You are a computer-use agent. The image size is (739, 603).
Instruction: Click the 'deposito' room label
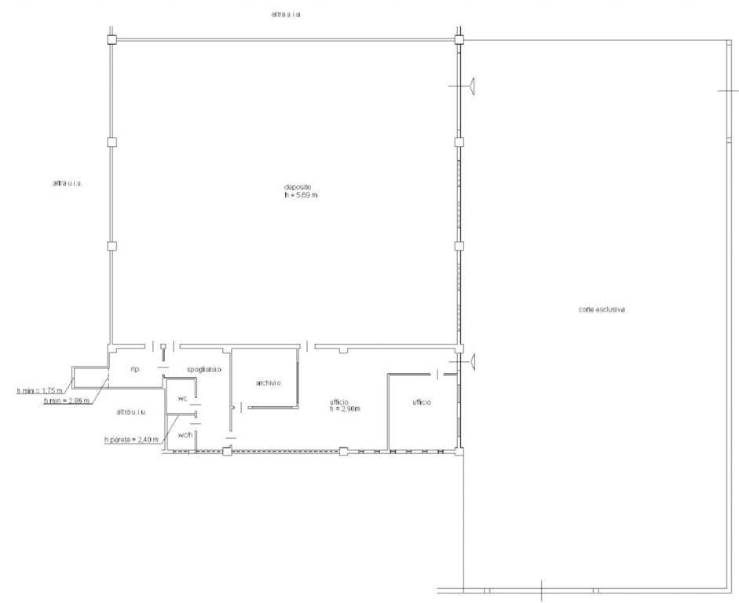pyautogui.click(x=298, y=187)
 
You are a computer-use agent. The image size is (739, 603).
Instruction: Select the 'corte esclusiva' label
pyautogui.click(x=602, y=309)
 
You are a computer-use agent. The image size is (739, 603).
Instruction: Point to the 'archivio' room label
pyautogui.click(x=268, y=383)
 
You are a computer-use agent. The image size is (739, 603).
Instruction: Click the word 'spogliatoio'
pyautogui.click(x=204, y=369)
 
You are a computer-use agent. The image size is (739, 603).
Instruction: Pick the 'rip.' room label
pyautogui.click(x=135, y=369)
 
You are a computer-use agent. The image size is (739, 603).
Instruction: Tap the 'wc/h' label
pyautogui.click(x=185, y=434)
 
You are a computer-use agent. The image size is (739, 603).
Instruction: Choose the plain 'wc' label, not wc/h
pyautogui.click(x=183, y=399)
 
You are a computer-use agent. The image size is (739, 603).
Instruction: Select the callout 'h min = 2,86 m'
pyautogui.click(x=67, y=401)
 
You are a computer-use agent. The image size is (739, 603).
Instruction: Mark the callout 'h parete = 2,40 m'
pyautogui.click(x=131, y=440)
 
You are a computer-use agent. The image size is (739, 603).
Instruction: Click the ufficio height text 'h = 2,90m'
pyautogui.click(x=345, y=409)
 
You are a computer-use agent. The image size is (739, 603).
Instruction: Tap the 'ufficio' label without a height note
pyautogui.click(x=422, y=403)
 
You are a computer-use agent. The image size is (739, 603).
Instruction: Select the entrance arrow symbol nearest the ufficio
pyautogui.click(x=474, y=362)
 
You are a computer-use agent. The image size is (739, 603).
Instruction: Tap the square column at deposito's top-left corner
pyautogui.click(x=112, y=39)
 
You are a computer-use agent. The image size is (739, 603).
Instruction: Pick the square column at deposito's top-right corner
pyautogui.click(x=459, y=39)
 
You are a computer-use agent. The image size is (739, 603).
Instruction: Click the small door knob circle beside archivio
pyautogui.click(x=232, y=407)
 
